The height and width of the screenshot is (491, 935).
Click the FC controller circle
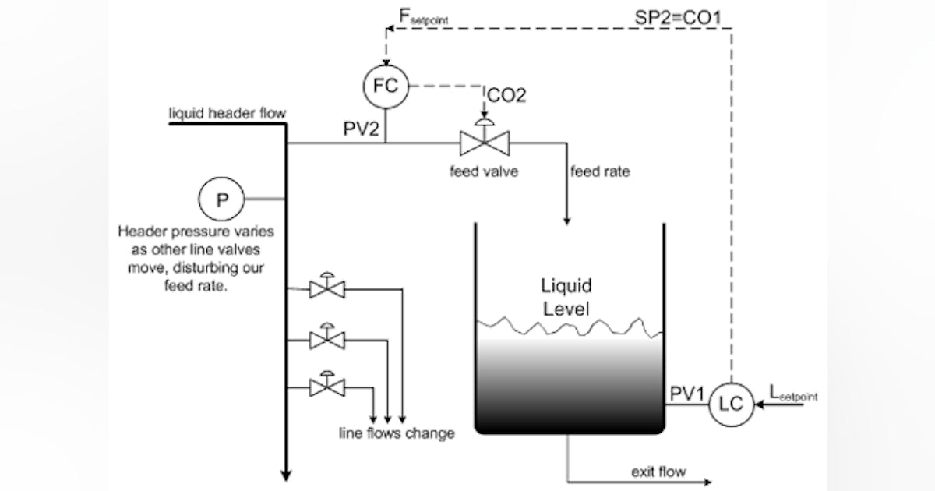tap(386, 86)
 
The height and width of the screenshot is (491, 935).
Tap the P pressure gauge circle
tap(221, 199)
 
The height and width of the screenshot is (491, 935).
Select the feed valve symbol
tap(484, 142)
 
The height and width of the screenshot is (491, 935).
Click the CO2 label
tap(506, 95)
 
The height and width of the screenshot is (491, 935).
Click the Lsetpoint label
tap(793, 395)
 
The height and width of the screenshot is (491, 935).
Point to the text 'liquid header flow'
tap(228, 115)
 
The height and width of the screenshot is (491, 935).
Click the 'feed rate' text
tap(600, 171)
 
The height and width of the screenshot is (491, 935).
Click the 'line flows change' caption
tap(396, 433)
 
